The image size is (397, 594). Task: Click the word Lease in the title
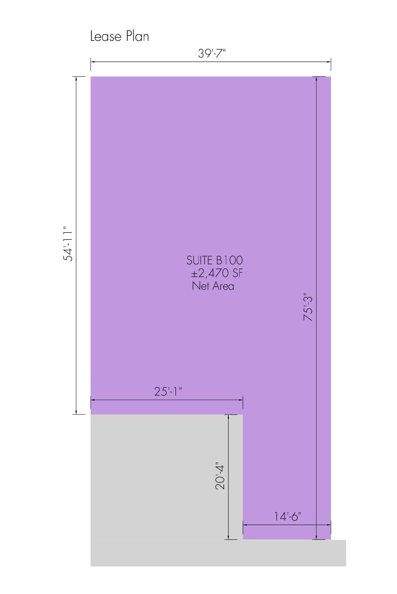tap(106, 37)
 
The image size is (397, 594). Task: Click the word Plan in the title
tap(137, 37)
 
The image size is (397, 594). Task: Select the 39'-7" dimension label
tap(212, 53)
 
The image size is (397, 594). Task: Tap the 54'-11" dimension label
tap(68, 244)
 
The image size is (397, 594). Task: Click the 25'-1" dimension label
tap(168, 391)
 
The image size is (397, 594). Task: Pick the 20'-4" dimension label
tap(220, 476)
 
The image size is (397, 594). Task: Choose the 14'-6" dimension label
tap(287, 516)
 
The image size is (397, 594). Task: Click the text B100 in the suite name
tap(229, 260)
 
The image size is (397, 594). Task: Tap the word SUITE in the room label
tap(200, 260)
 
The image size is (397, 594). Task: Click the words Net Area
tap(213, 286)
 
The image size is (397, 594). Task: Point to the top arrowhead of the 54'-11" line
tap(76, 79)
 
